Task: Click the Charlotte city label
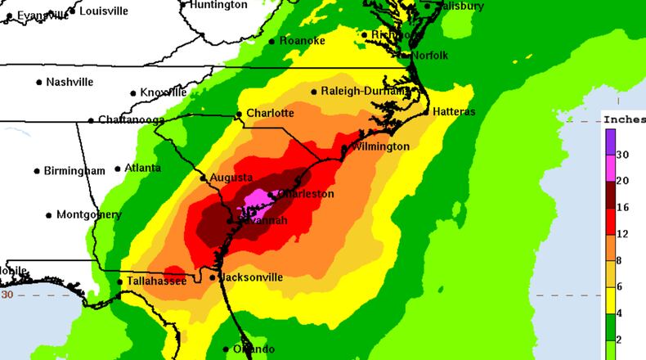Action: click(270, 113)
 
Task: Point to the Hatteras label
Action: click(454, 111)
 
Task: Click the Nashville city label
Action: click(70, 82)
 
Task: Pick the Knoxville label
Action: click(164, 92)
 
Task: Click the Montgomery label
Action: click(89, 214)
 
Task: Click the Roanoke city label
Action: click(302, 41)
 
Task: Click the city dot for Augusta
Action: click(204, 178)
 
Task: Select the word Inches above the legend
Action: click(623, 117)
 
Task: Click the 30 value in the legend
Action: click(621, 155)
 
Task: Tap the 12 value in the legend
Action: click(621, 234)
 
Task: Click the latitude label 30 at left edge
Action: click(7, 294)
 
